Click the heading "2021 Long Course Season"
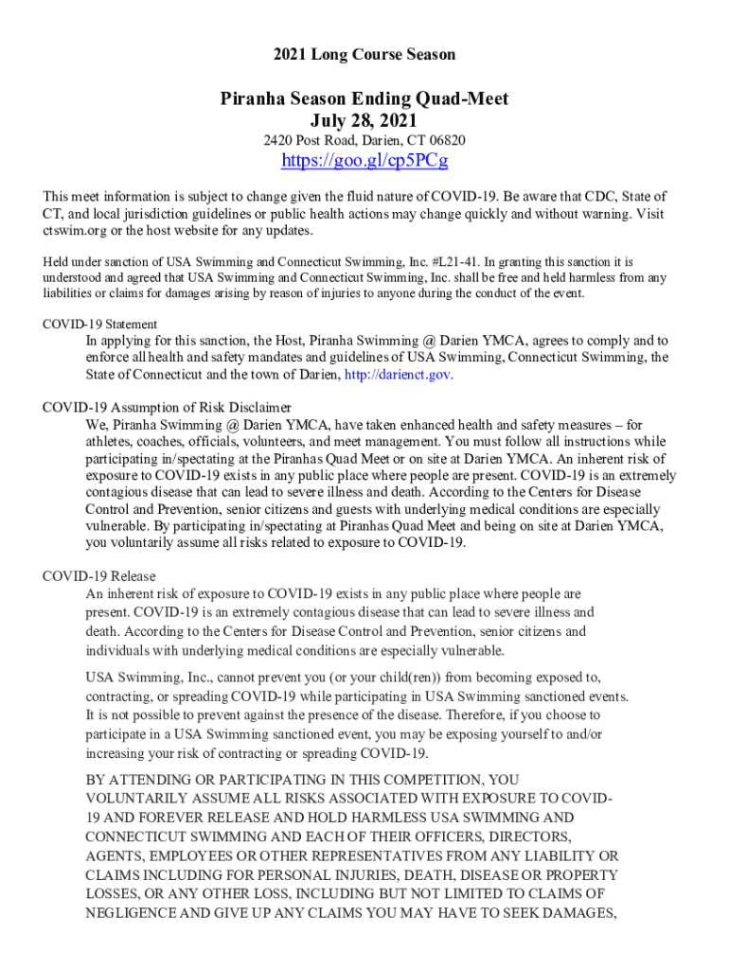pos(364,55)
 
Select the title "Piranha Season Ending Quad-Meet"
pos(364,99)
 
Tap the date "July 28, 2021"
pos(364,120)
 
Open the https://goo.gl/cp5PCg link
pos(364,161)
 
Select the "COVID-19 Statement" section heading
pos(99,324)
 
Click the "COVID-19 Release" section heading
pos(99,576)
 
